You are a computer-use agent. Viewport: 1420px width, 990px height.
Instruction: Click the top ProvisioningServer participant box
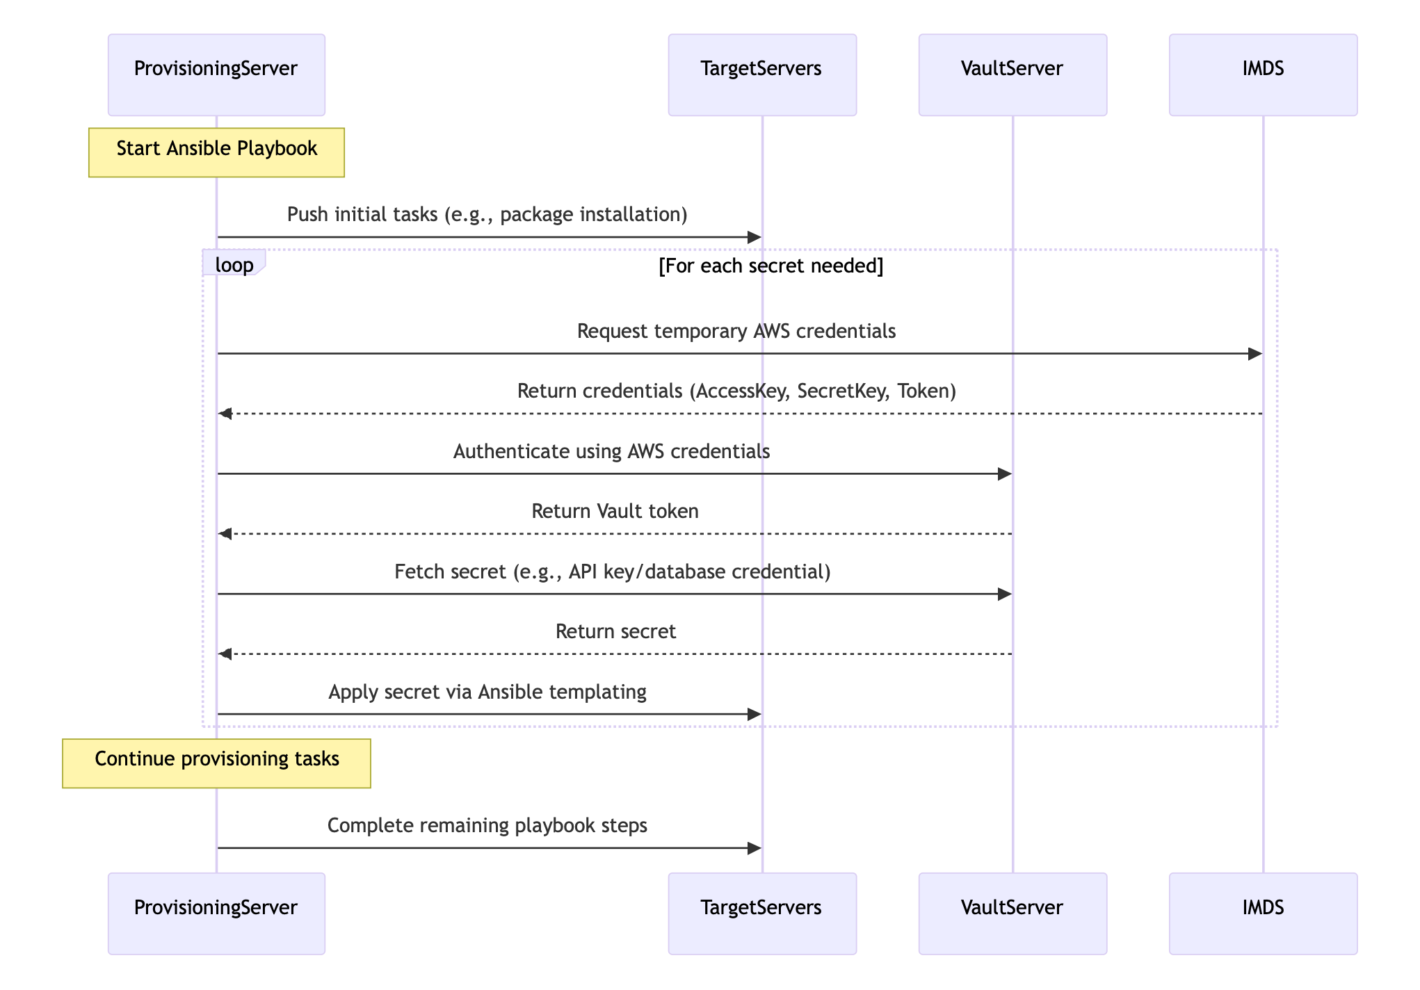pyautogui.click(x=216, y=74)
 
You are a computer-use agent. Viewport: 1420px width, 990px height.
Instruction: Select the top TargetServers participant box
pyautogui.click(x=762, y=74)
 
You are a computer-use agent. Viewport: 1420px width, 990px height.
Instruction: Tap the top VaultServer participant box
pyautogui.click(x=1012, y=74)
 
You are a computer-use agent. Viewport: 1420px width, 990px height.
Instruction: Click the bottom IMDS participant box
pyautogui.click(x=1263, y=914)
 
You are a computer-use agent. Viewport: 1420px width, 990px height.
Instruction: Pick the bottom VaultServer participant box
pyautogui.click(x=1012, y=914)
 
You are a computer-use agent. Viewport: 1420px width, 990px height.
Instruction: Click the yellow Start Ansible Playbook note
pyautogui.click(x=216, y=152)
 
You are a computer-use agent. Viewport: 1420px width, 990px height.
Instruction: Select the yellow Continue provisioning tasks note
pyautogui.click(x=216, y=763)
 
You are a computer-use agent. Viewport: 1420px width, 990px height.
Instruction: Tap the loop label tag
pyautogui.click(x=234, y=264)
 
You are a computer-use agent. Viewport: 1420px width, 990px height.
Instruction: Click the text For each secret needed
pyautogui.click(x=770, y=266)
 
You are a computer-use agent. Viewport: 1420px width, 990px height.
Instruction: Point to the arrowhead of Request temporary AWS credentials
pyautogui.click(x=1255, y=354)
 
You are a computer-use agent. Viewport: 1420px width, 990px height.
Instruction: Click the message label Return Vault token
pyautogui.click(x=615, y=512)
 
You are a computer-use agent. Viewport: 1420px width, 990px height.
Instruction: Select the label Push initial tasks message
pyautogui.click(x=487, y=214)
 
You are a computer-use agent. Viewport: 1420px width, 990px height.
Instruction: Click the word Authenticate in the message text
pyautogui.click(x=512, y=452)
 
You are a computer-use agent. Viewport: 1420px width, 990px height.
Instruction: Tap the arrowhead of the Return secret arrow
pyautogui.click(x=225, y=654)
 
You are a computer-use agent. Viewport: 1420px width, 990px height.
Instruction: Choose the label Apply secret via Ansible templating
pyautogui.click(x=487, y=692)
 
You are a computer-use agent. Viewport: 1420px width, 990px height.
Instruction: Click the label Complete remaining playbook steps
pyautogui.click(x=487, y=826)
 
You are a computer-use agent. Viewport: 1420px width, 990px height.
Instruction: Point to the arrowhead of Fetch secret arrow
pyautogui.click(x=1005, y=594)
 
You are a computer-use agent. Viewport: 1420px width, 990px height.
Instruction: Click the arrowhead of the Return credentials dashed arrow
pyautogui.click(x=225, y=414)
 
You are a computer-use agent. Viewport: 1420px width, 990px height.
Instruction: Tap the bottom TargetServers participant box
pyautogui.click(x=762, y=914)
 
